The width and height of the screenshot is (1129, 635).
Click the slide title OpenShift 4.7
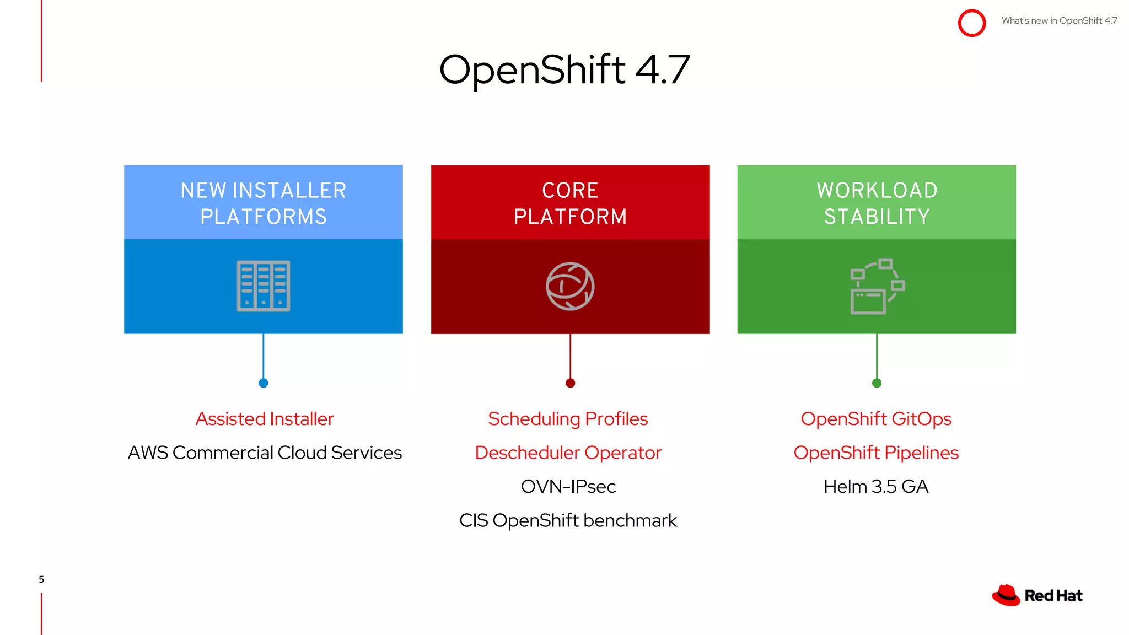pyautogui.click(x=564, y=70)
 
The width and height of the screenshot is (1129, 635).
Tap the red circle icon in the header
pyautogui.click(x=971, y=23)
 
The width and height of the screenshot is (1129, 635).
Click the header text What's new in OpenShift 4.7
pyautogui.click(x=1059, y=21)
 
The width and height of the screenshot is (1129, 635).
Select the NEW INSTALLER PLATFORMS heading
pyautogui.click(x=264, y=203)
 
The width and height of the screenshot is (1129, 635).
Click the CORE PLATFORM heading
pyautogui.click(x=570, y=203)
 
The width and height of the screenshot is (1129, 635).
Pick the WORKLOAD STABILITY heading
pyautogui.click(x=877, y=203)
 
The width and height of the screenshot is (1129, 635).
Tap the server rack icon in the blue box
pyautogui.click(x=264, y=286)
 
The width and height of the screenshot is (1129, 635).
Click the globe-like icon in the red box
pyautogui.click(x=570, y=286)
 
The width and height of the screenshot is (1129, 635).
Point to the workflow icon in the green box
pyautogui.click(x=877, y=286)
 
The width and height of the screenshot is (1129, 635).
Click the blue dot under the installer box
pyautogui.click(x=264, y=383)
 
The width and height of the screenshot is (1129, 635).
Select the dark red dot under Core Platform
pyautogui.click(x=570, y=383)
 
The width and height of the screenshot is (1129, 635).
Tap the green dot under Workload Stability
pyautogui.click(x=877, y=383)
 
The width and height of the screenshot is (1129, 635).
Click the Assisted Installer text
pyautogui.click(x=265, y=419)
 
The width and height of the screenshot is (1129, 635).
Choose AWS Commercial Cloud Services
pyautogui.click(x=265, y=453)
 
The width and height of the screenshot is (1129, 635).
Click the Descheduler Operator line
pyautogui.click(x=568, y=453)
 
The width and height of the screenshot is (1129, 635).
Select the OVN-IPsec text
pyautogui.click(x=568, y=487)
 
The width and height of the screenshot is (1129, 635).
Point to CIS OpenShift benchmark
pyautogui.click(x=568, y=520)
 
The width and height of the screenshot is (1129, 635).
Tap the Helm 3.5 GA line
pyautogui.click(x=876, y=487)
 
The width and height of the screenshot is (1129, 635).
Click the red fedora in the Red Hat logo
pyautogui.click(x=1006, y=595)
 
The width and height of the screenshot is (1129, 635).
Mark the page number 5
pyautogui.click(x=41, y=579)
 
